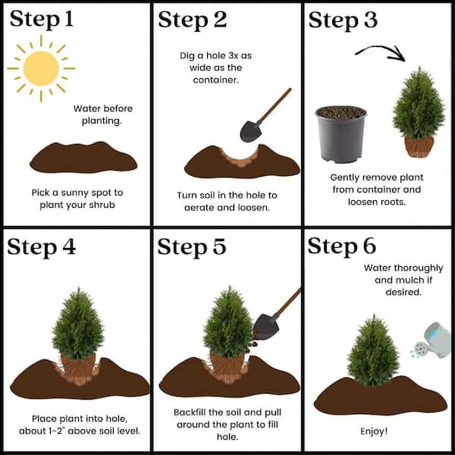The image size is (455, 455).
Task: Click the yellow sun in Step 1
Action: coord(41,68)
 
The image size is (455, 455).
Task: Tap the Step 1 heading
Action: coord(42,20)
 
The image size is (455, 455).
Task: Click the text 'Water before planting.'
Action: coord(102,115)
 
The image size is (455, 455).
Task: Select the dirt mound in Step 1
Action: coord(83,157)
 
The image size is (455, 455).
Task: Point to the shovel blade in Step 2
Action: coord(250,131)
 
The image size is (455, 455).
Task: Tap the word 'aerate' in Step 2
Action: coord(199,208)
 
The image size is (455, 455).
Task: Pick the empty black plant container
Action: coord(341,134)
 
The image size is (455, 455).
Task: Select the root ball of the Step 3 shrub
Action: coord(419,146)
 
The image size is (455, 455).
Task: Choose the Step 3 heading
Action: coord(343,20)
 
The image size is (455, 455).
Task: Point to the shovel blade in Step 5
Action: coord(265,327)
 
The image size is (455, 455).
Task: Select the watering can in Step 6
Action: coord(432,340)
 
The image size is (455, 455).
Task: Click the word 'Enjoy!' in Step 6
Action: coord(374,431)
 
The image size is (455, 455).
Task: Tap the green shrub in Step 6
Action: coord(373,350)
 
